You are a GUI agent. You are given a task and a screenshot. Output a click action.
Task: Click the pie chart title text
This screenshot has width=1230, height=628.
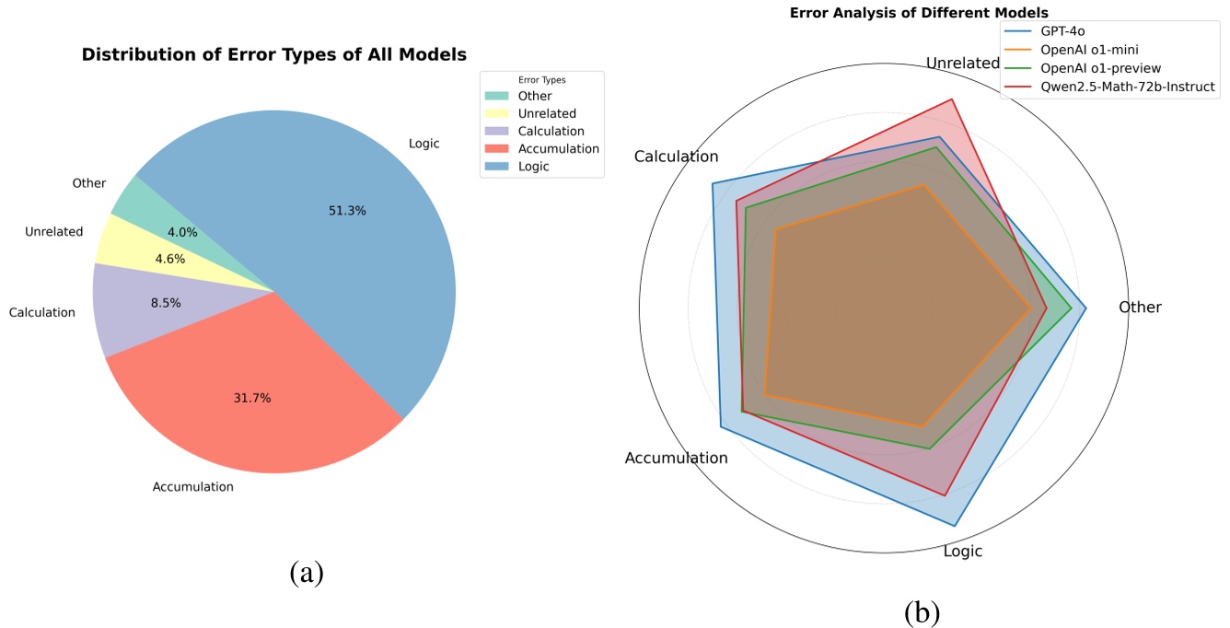tap(273, 54)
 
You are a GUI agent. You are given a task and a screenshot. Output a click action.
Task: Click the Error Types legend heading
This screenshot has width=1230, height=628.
tap(541, 80)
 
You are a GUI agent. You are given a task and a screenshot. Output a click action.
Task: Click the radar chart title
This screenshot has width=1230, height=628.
tap(919, 13)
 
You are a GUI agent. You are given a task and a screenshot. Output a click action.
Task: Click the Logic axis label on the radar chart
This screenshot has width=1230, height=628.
tap(963, 552)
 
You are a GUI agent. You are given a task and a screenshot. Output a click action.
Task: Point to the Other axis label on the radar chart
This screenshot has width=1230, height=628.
tap(1140, 308)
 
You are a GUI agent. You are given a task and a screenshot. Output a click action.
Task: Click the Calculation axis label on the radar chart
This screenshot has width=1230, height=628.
tap(676, 157)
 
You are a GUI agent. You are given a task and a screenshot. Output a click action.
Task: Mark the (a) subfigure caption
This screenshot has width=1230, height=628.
tap(307, 573)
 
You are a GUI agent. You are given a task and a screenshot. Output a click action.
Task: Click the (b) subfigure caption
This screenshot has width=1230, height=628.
tap(922, 611)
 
